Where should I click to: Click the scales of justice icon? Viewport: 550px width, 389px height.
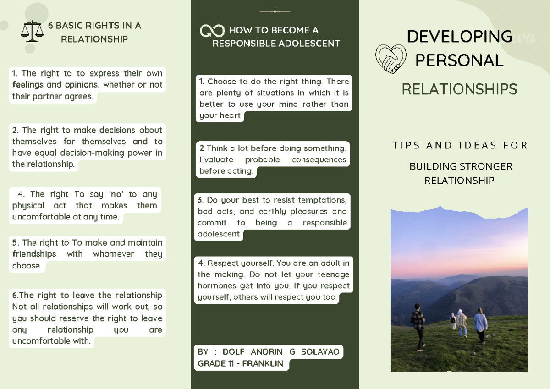click(x=33, y=31)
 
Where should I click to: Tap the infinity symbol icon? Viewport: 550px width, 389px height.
click(x=212, y=31)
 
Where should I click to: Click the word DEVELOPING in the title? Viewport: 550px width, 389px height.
click(x=459, y=36)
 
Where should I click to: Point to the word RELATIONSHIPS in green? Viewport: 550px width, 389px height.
click(x=459, y=89)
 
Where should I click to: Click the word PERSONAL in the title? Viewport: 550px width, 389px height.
click(x=459, y=60)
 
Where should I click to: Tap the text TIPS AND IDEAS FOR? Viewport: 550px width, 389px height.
click(x=459, y=146)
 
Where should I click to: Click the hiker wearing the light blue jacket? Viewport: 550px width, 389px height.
click(x=480, y=323)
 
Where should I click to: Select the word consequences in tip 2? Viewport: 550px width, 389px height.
click(x=319, y=160)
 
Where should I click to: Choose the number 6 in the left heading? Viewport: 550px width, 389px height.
click(x=51, y=26)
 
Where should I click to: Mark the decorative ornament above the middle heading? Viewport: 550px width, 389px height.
click(x=275, y=11)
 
